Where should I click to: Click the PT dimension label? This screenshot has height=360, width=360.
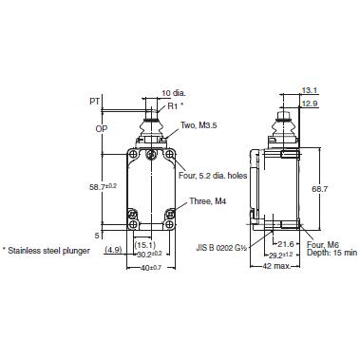(94, 99)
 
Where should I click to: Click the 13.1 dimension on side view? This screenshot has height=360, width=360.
(309, 91)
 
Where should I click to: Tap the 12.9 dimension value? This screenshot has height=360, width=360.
(309, 103)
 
